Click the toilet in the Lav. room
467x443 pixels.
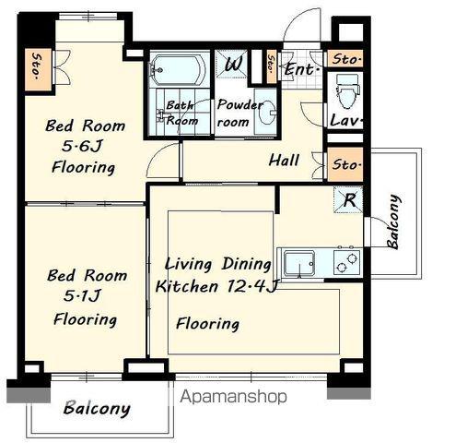(347, 91)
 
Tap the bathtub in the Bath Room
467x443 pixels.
(178, 69)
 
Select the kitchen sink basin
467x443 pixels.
(299, 263)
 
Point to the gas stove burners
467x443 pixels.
(347, 262)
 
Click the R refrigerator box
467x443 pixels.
(348, 199)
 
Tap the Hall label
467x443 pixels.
(284, 161)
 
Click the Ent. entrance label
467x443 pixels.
(302, 69)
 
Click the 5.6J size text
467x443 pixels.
(82, 146)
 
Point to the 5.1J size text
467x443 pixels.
(82, 295)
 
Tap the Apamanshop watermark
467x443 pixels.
(233, 397)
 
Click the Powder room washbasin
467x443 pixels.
(266, 113)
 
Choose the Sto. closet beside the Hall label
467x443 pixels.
(345, 164)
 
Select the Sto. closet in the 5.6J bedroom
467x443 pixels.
(38, 69)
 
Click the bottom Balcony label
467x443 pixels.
(97, 409)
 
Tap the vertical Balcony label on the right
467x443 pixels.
(394, 221)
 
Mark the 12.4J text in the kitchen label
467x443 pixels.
(252, 287)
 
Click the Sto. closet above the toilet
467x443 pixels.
(345, 58)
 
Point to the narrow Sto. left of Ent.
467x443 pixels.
(272, 67)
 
